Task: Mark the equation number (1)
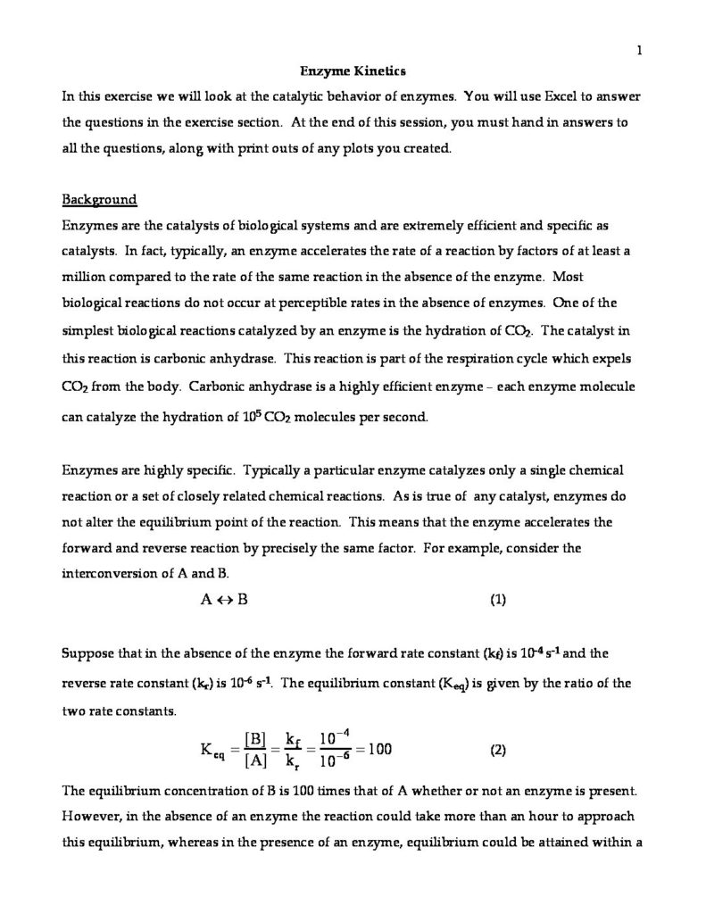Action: [499, 600]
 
